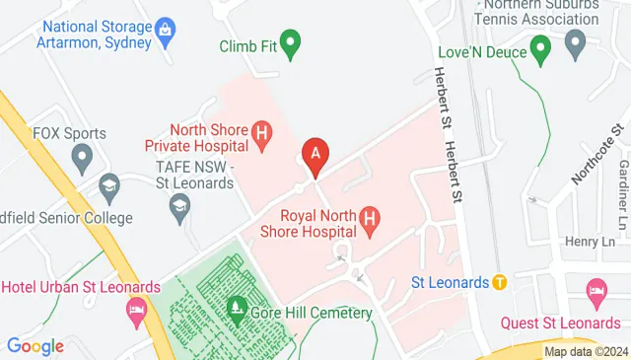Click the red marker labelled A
(x=315, y=154)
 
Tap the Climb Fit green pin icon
(x=290, y=43)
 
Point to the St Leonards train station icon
(x=500, y=282)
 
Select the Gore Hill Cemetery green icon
(x=237, y=309)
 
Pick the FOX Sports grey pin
(x=81, y=156)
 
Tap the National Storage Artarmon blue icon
(x=166, y=31)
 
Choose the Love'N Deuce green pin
(x=539, y=46)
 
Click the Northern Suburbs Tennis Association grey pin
(x=576, y=41)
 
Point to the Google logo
(x=35, y=346)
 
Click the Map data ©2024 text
(x=586, y=351)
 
